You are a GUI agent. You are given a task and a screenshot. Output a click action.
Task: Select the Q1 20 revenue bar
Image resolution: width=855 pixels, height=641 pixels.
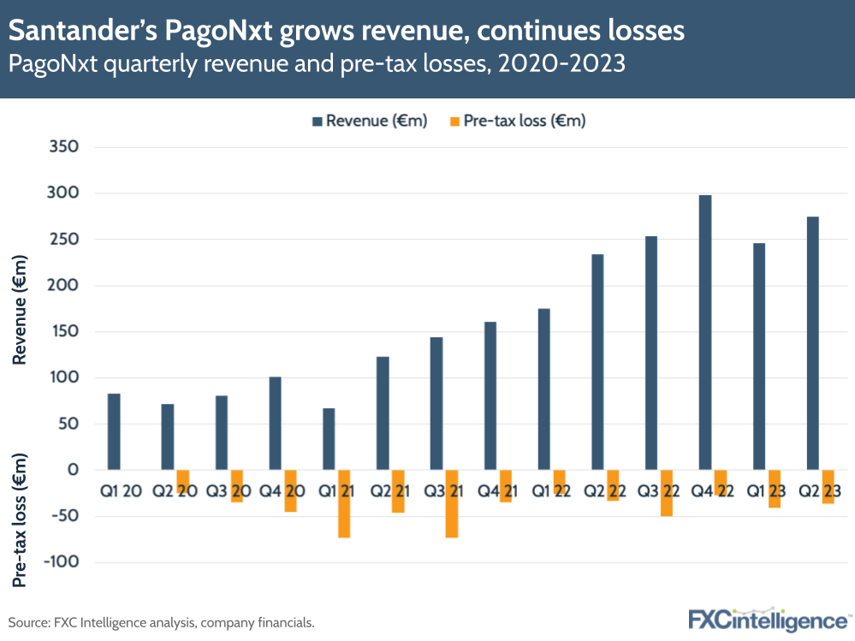[114, 431]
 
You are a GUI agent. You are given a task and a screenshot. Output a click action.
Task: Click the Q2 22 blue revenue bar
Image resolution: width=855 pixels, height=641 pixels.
[597, 361]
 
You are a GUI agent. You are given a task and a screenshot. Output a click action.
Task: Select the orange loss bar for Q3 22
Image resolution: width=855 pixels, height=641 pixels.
[666, 493]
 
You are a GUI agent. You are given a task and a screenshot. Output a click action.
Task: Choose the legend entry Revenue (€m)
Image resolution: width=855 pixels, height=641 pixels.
[369, 121]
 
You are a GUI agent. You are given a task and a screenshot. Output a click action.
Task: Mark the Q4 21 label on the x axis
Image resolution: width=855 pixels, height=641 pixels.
[496, 491]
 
